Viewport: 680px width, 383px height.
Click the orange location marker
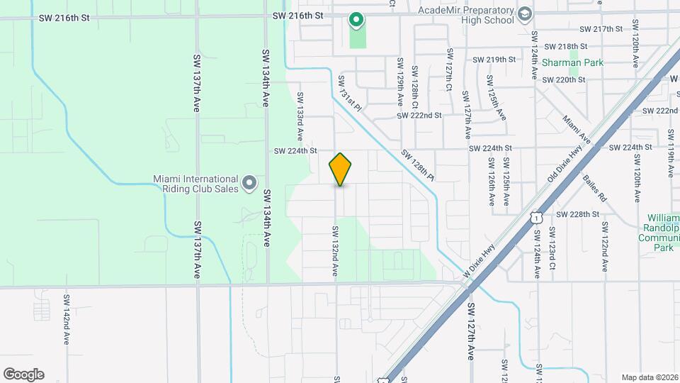341,170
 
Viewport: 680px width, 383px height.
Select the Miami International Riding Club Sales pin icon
249,184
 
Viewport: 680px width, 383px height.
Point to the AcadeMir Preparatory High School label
465,15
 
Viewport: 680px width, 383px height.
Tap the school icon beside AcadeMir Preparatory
524,13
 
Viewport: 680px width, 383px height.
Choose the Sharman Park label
572,62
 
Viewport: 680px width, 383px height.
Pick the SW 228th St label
577,214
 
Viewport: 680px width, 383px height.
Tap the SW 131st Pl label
350,94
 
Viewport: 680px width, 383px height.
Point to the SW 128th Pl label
417,164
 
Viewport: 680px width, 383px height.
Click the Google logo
23,374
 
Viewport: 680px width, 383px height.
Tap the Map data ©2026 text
649,377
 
